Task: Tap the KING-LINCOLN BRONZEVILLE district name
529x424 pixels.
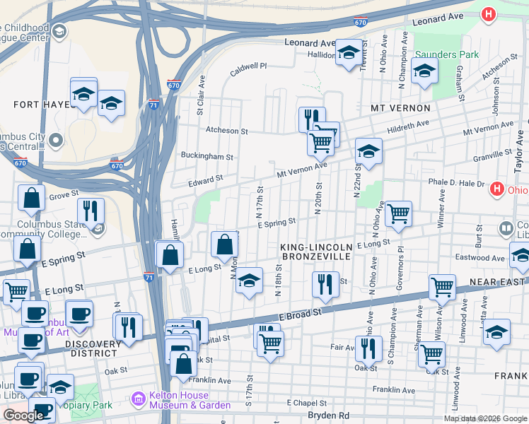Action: pos(315,252)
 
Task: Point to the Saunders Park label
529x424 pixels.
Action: pos(447,54)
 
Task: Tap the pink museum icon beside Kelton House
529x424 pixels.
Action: pos(139,401)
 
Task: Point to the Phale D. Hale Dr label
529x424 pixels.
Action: pos(455,183)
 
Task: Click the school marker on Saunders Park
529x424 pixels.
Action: pos(424,71)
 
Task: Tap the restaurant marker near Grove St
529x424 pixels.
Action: pos(91,211)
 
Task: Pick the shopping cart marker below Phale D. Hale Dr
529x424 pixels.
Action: pos(399,213)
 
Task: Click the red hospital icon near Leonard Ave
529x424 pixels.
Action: pos(488,13)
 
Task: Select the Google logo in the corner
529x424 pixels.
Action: pos(23,416)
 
